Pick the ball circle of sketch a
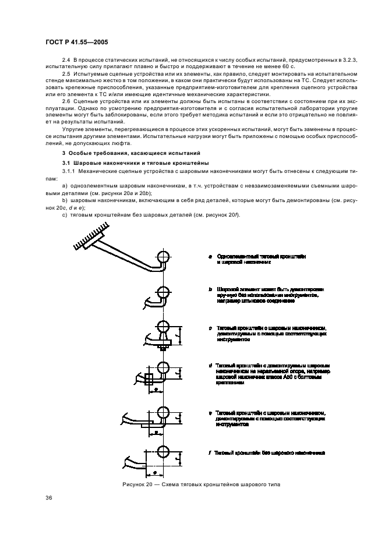(163, 257)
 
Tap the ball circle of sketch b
(163, 292)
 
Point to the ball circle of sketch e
(163, 417)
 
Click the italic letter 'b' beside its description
(210, 289)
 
